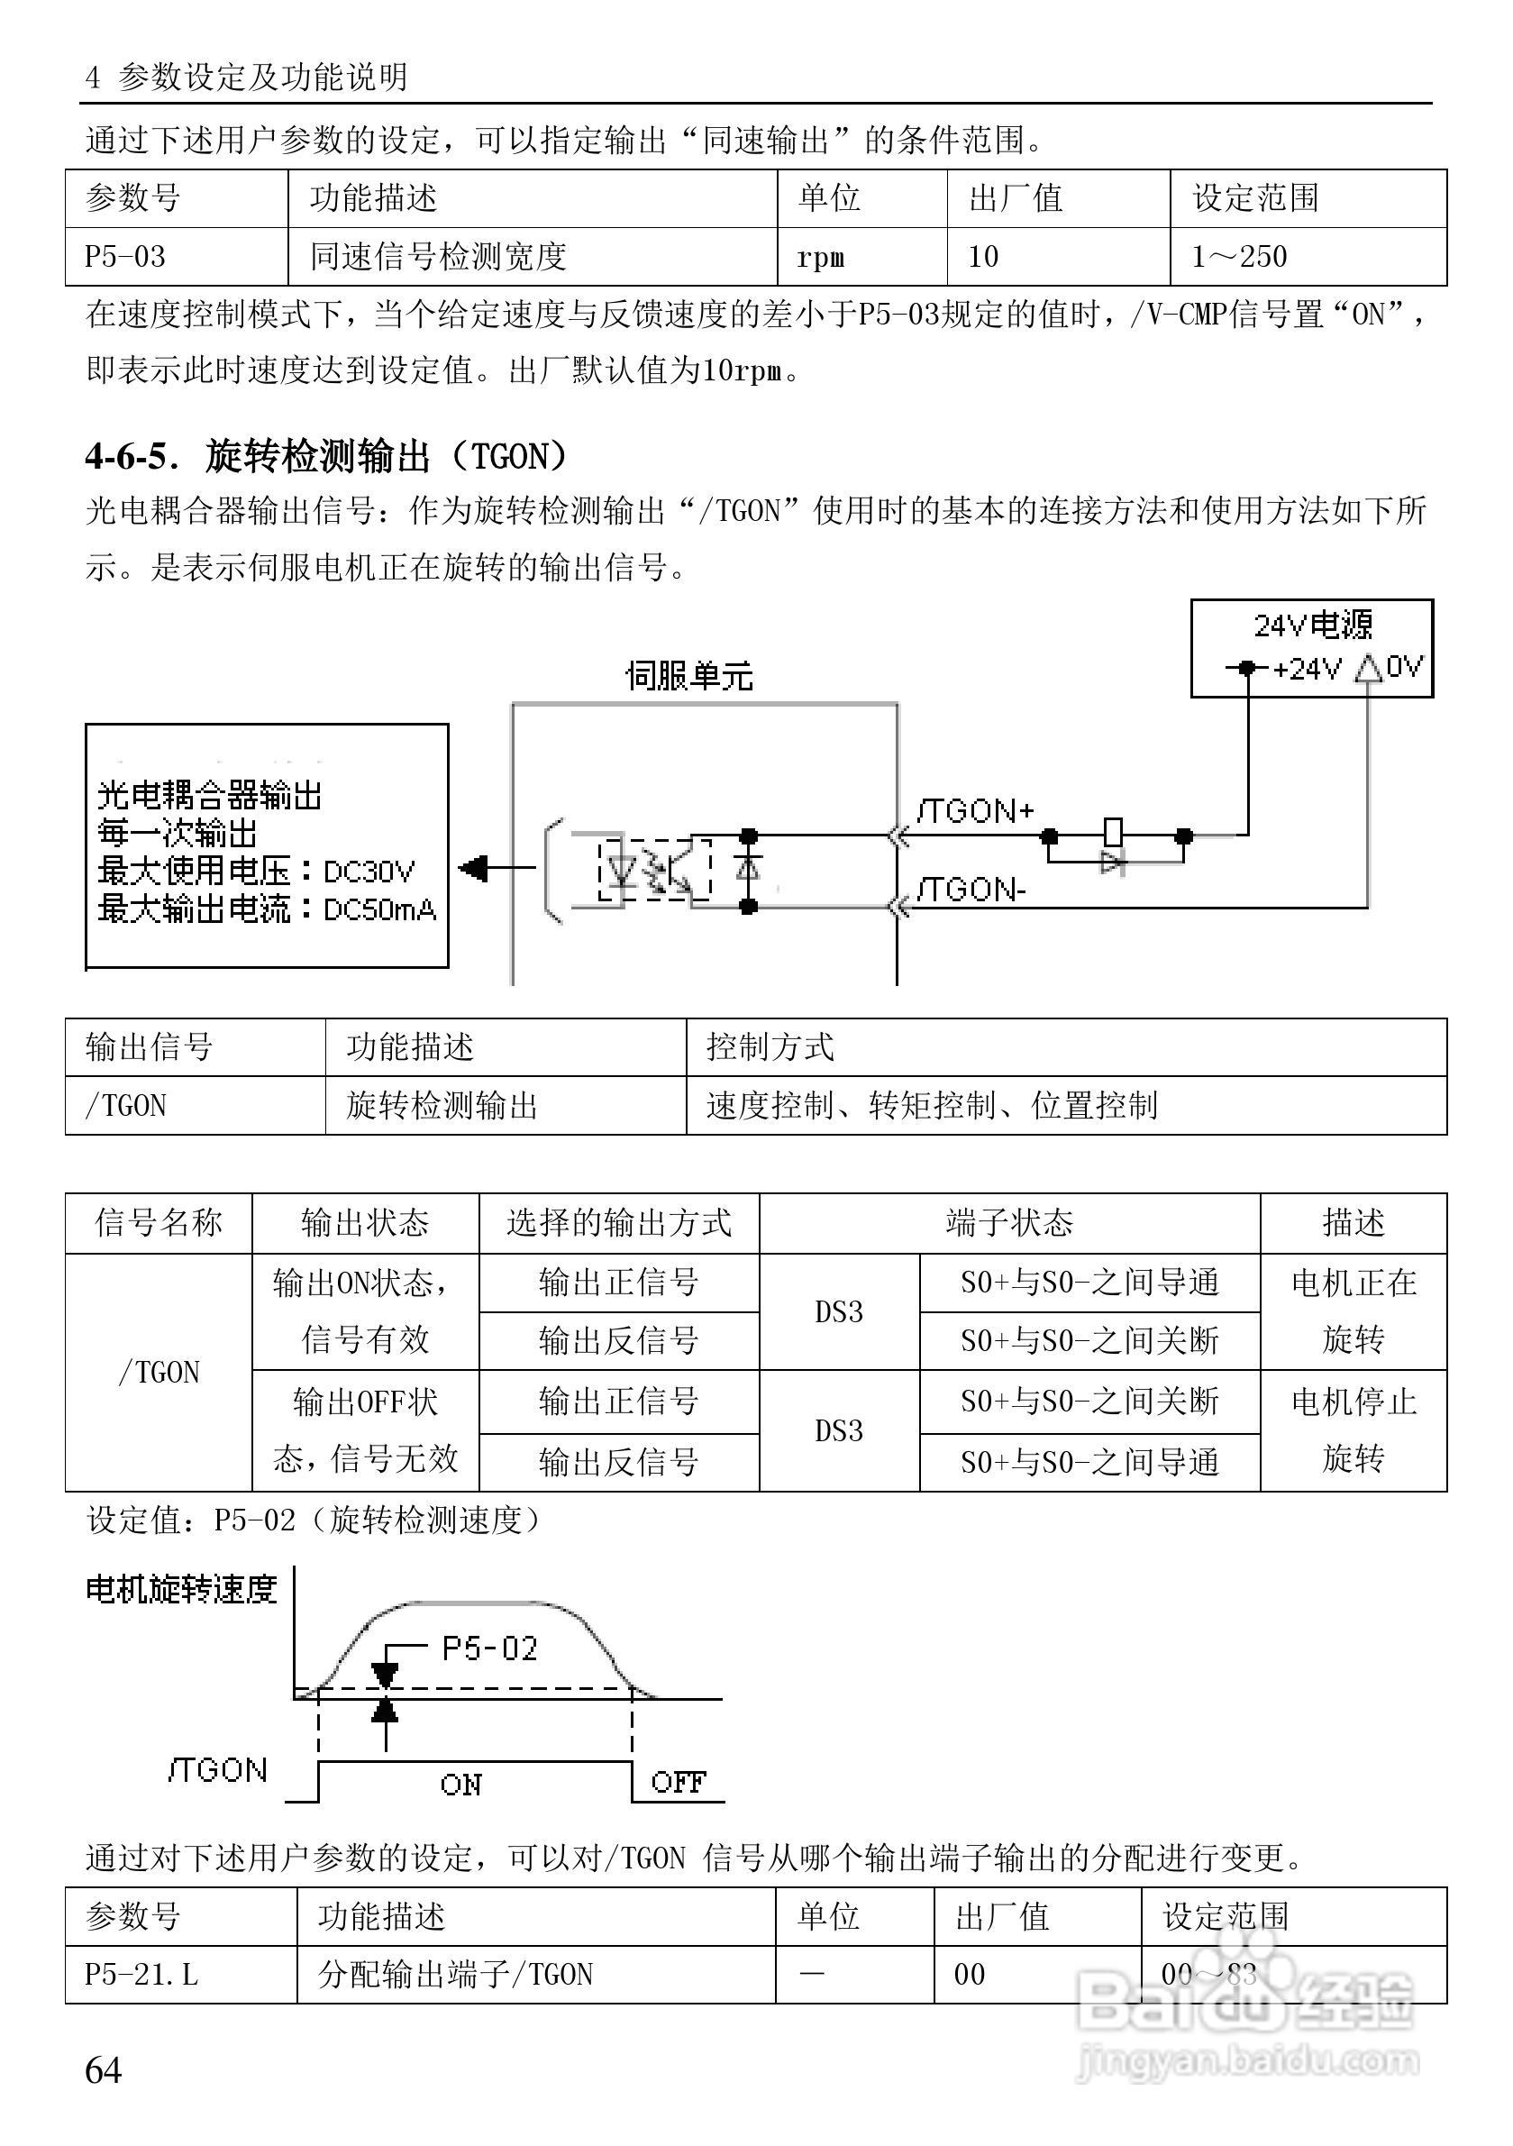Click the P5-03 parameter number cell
125,256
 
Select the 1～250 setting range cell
1239,256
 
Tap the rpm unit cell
821,257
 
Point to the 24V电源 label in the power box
1312,625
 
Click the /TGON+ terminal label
976,809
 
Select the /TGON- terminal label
972,889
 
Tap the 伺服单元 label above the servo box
688,675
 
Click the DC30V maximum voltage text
369,872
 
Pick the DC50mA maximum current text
379,909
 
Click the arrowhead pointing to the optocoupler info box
474,868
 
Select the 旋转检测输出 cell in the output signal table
442,1106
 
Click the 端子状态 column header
1009,1222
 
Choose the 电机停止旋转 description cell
1353,1430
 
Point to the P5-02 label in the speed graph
489,1648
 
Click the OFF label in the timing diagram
679,1782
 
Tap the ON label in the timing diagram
460,1785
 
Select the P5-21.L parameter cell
142,1974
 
